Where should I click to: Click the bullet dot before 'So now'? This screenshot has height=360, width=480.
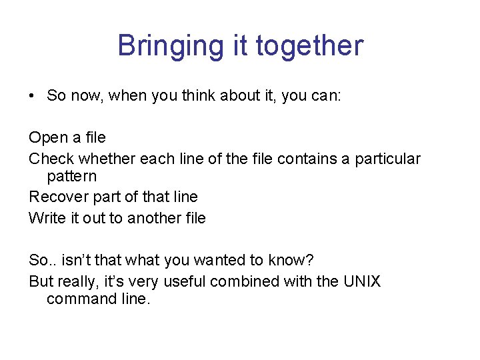coord(32,96)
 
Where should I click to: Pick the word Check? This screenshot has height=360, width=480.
coord(51,159)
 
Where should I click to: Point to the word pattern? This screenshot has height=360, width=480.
coord(71,177)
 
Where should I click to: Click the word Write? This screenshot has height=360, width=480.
coord(47,218)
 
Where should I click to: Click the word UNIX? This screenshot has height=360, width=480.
coord(361,281)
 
